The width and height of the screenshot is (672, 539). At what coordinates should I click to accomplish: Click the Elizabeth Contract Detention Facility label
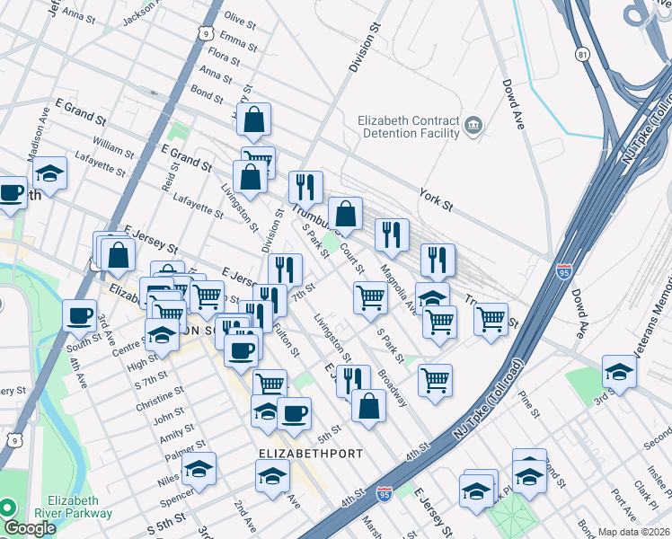click(x=410, y=127)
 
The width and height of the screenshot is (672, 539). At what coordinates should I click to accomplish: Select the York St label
click(x=437, y=194)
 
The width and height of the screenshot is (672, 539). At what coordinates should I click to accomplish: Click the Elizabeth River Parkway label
click(x=80, y=508)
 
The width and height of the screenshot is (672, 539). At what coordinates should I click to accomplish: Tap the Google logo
click(x=30, y=528)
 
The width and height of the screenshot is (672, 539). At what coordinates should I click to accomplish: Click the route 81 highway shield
click(x=585, y=56)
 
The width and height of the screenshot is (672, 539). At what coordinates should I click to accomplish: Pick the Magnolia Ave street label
click(x=398, y=287)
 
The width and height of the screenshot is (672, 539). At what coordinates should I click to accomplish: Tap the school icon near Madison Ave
click(x=49, y=175)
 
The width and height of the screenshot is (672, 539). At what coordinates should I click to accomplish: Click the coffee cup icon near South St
click(x=80, y=314)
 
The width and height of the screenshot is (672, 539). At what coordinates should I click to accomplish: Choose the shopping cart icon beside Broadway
click(x=435, y=379)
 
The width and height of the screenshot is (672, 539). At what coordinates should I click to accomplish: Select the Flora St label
click(x=224, y=58)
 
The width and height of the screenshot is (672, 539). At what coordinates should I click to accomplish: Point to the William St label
click(x=112, y=144)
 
